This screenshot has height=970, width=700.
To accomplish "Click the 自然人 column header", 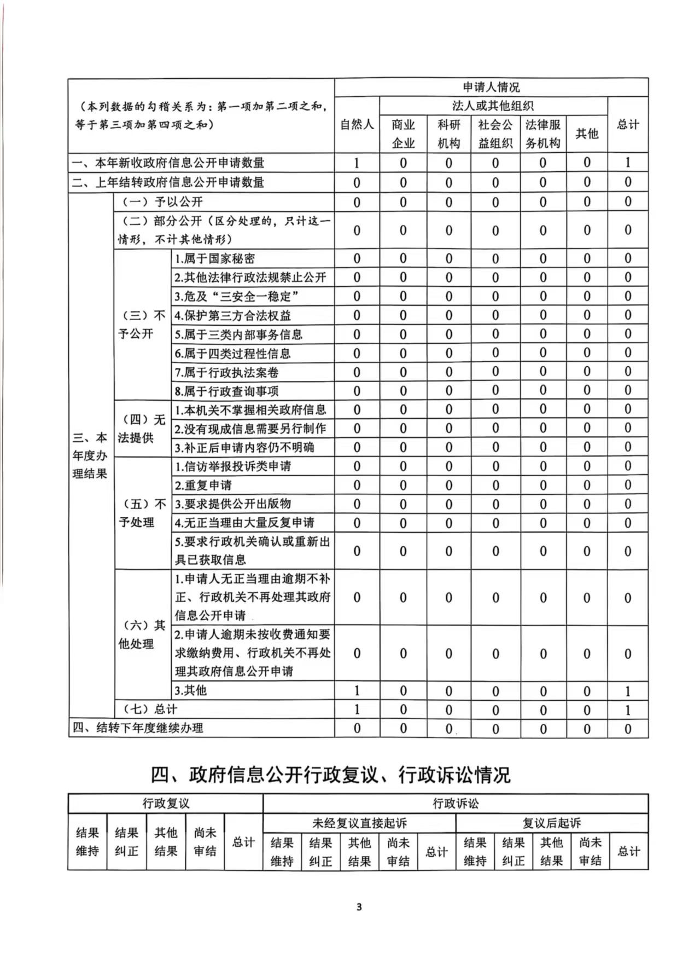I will click(357, 125).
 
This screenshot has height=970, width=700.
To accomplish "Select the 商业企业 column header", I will click(403, 134).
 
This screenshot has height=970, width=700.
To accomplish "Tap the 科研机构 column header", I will click(448, 134).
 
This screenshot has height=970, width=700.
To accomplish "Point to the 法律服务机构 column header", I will click(542, 134).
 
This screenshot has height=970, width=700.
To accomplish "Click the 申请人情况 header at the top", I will click(491, 88).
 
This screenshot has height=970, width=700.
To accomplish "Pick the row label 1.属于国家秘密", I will click(214, 258).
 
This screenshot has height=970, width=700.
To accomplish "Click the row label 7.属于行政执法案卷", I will click(226, 373).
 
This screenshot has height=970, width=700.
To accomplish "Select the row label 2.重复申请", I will click(203, 485).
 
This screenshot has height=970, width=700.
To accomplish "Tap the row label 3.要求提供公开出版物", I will click(232, 504).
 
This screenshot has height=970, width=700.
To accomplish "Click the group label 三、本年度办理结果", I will click(90, 455).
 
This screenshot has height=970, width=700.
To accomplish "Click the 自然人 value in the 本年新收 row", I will click(357, 163).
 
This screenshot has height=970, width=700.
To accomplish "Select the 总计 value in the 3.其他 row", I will click(628, 691).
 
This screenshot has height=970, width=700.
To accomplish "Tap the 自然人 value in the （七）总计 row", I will click(357, 709).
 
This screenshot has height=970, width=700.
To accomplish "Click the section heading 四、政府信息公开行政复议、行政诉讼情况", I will click(330, 775).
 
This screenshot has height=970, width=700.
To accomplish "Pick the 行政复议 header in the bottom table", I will click(166, 804).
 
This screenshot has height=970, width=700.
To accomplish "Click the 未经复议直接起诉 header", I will click(359, 823).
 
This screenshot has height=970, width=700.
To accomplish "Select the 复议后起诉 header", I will click(551, 823).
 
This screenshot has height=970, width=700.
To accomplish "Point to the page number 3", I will click(359, 907).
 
